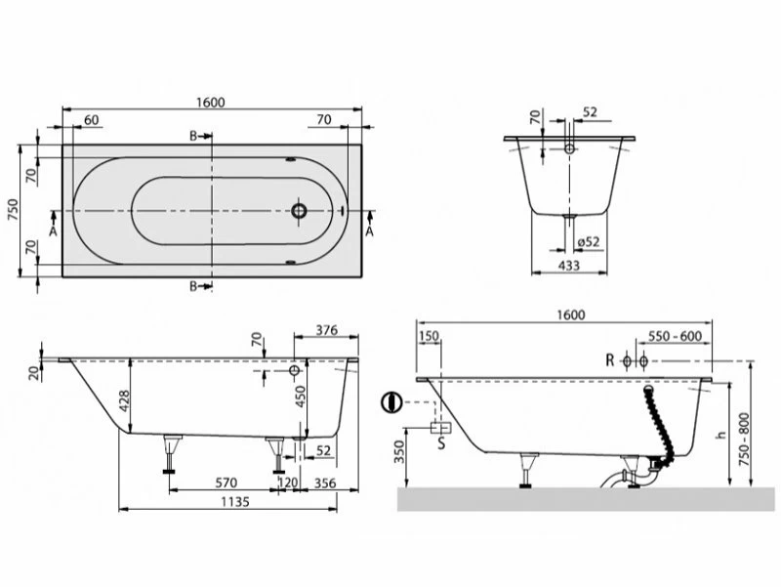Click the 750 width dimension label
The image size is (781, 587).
[13, 210]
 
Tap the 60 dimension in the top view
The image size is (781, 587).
[92, 120]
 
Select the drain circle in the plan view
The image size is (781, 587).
[299, 211]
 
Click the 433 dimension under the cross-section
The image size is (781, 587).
[569, 265]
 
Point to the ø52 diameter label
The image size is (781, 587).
[589, 241]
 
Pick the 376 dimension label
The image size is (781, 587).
[327, 330]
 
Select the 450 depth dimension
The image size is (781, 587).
[301, 397]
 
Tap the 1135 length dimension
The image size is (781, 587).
[235, 501]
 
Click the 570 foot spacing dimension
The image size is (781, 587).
[226, 482]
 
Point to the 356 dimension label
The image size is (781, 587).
[325, 482]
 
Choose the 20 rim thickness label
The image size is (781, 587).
[34, 373]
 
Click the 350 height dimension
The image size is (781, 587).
[399, 451]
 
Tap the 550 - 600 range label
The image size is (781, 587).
[675, 336]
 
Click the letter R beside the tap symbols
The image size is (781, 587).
[610, 359]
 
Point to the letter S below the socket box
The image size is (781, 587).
[441, 442]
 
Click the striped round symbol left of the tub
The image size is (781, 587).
[391, 402]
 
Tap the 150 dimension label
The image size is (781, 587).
[429, 336]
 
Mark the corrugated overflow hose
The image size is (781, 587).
[660, 424]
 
